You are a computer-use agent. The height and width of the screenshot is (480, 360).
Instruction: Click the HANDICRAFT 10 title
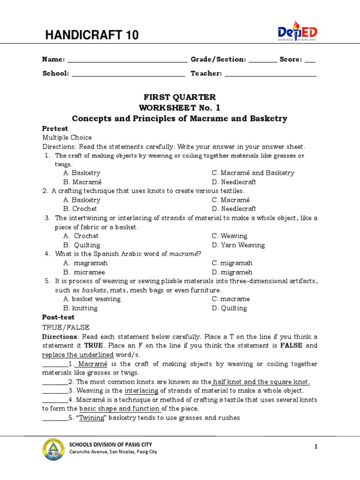91,35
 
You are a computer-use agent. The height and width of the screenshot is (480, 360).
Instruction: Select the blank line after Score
310,60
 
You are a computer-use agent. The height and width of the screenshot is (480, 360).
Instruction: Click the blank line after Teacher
271,74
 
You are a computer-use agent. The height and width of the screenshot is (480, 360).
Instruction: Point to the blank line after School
128,74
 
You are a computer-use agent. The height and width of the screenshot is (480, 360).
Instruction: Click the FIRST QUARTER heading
180,97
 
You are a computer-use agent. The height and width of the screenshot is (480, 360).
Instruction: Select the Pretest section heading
55,128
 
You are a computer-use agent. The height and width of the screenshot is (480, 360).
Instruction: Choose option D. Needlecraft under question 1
233,182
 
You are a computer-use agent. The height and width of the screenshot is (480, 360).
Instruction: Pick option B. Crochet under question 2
80,209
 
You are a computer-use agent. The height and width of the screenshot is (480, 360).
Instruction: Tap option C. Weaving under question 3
229,236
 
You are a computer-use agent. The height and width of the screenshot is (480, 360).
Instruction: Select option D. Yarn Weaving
238,245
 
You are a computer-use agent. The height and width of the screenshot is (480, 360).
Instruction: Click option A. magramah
85,263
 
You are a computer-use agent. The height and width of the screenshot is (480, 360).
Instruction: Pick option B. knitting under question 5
81,308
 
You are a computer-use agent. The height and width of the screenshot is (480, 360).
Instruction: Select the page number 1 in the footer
316,447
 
